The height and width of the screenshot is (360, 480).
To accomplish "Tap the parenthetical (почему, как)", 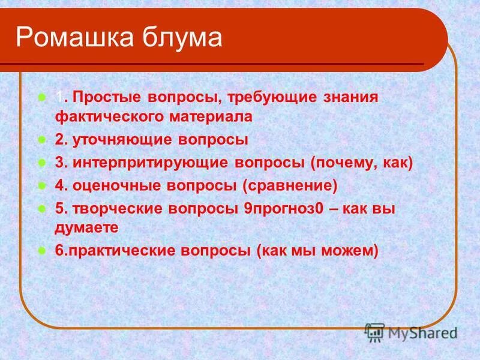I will [362, 163].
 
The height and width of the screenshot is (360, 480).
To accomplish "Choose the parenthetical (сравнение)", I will [290, 186].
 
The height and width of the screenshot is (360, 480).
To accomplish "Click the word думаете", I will [86, 227].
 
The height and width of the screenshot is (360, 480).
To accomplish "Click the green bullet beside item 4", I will [42, 186].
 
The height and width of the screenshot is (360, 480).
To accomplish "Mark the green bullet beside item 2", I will [42, 140].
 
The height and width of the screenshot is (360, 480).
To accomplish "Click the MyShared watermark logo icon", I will [375, 332].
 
